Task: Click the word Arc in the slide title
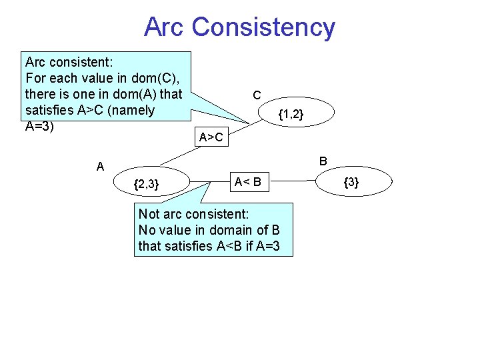(x=164, y=27)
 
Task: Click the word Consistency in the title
(x=263, y=27)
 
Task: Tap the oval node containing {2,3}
(x=146, y=184)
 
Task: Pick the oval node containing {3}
(x=351, y=182)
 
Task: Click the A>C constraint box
(x=211, y=138)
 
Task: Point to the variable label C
(x=257, y=96)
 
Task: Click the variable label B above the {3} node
(x=323, y=161)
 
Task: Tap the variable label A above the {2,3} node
(x=100, y=167)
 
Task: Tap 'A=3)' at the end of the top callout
(x=39, y=126)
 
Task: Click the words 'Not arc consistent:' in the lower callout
(x=193, y=214)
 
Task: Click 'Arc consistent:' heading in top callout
(x=68, y=62)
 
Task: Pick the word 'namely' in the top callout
(x=133, y=110)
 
